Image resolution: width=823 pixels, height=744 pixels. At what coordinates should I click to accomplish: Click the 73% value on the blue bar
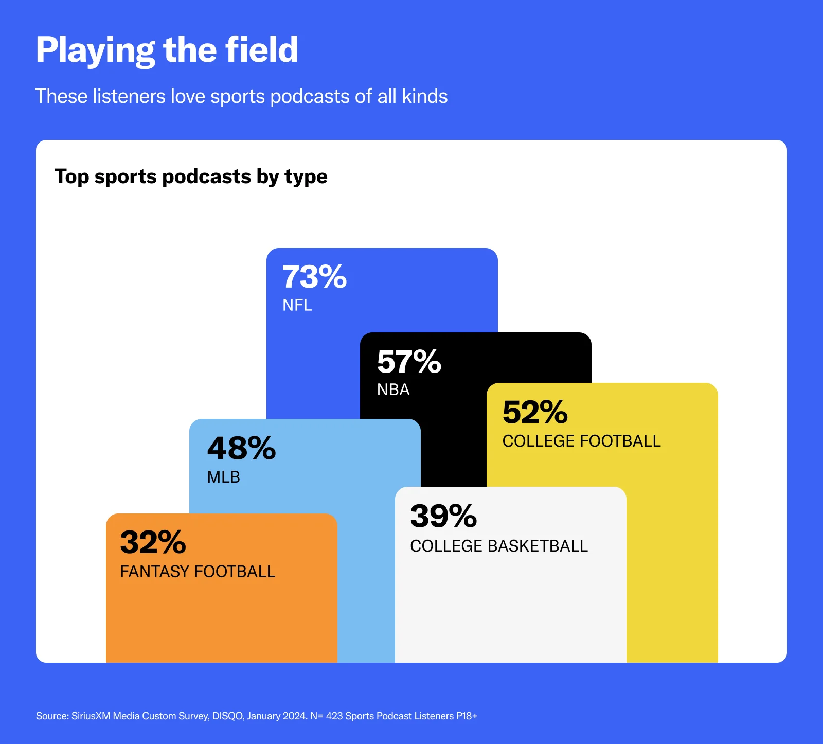tap(314, 277)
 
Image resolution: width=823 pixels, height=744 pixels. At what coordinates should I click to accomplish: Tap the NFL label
tap(297, 305)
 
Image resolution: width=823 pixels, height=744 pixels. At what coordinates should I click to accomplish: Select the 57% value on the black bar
tap(409, 361)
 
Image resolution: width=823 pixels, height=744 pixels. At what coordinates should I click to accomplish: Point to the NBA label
tap(393, 389)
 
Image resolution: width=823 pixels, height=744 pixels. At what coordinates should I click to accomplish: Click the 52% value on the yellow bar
tap(535, 412)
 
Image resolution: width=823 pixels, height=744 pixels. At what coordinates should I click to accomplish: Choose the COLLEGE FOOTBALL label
tap(581, 441)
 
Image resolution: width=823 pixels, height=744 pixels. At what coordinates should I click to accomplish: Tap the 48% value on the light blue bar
tap(241, 448)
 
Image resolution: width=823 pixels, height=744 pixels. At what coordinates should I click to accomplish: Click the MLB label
tap(223, 477)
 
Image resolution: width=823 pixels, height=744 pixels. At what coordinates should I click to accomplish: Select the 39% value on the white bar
tap(443, 516)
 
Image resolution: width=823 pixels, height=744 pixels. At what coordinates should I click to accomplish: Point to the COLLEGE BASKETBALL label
tap(498, 546)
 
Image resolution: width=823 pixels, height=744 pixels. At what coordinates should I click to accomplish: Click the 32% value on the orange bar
tap(153, 542)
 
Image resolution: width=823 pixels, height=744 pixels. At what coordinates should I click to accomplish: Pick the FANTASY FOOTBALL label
tap(198, 572)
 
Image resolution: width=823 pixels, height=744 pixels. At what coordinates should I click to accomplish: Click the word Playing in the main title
tap(95, 50)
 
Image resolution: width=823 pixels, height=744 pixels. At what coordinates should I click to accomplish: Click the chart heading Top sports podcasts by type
tap(191, 176)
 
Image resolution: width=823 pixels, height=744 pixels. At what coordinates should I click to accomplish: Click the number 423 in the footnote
tap(334, 716)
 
